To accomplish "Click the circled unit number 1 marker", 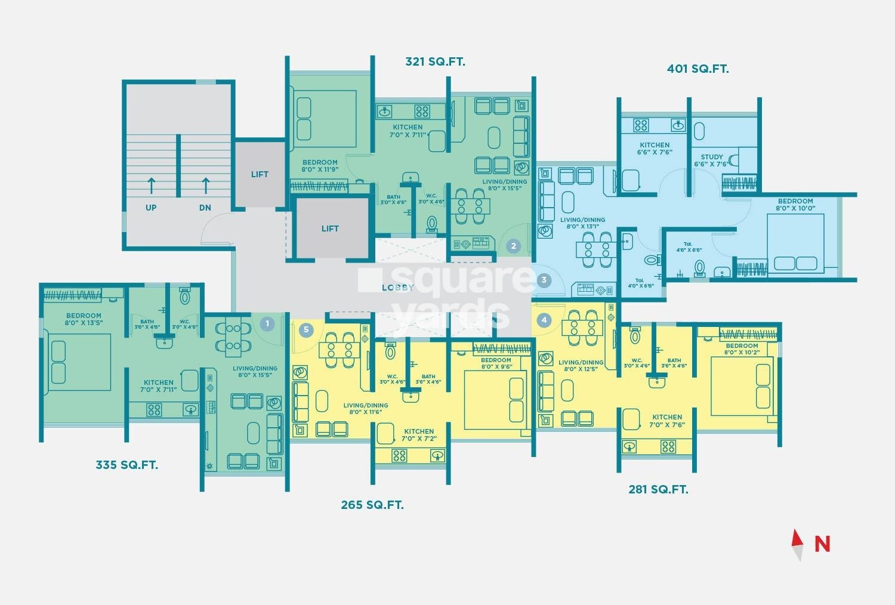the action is (267, 323).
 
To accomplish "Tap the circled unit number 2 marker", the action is (513, 246).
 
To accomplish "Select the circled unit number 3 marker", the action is (544, 280).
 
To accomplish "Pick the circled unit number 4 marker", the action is (544, 320).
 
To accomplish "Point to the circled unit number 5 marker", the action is (306, 330).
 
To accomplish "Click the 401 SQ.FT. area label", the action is (698, 69).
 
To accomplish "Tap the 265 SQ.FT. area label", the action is (372, 505).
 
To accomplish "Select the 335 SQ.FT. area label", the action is (126, 465).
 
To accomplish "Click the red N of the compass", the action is (822, 544).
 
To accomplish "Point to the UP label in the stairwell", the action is (151, 208).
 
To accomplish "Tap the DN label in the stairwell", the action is (205, 208).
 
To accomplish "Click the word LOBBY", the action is (398, 288).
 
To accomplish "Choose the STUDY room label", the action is (712, 157).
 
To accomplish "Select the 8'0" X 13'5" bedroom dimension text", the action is (84, 322).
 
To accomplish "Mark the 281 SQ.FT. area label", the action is (659, 489).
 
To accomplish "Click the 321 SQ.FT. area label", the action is (435, 61).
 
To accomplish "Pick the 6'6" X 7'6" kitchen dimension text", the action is (655, 152).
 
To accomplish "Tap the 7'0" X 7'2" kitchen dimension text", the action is (419, 439).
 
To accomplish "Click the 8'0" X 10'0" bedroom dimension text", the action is (795, 208).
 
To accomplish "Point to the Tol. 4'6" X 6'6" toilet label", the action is (689, 247).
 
